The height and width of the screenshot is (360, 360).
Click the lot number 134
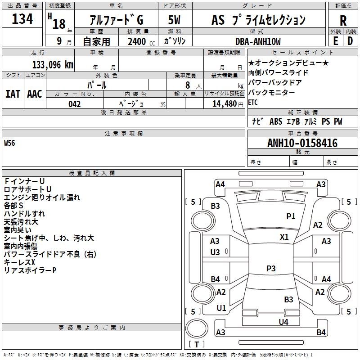point(22,18)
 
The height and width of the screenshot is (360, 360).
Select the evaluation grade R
point(343,21)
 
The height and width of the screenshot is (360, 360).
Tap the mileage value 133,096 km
point(53,65)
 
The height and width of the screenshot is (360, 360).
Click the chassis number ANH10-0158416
point(302,143)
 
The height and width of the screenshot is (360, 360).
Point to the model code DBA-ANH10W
point(258,41)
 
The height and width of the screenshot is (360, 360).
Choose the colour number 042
point(74,104)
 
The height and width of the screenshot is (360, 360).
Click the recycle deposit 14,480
point(224,104)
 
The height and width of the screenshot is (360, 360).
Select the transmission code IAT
point(13,94)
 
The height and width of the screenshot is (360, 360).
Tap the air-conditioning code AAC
point(35,94)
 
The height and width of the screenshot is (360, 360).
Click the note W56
point(9,143)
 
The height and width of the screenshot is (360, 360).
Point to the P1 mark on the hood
point(291,216)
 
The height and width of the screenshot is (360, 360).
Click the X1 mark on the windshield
point(284,237)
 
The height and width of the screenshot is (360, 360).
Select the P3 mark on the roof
point(271,268)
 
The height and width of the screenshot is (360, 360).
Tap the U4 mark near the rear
point(283,322)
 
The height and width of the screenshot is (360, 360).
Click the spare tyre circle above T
point(197,328)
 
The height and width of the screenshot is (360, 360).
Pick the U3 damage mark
point(215,252)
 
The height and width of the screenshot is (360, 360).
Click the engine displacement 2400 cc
point(141,41)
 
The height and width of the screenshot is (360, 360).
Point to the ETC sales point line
point(253,103)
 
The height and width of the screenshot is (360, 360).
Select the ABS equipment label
point(276,121)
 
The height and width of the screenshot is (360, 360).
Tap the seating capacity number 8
point(188,85)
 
